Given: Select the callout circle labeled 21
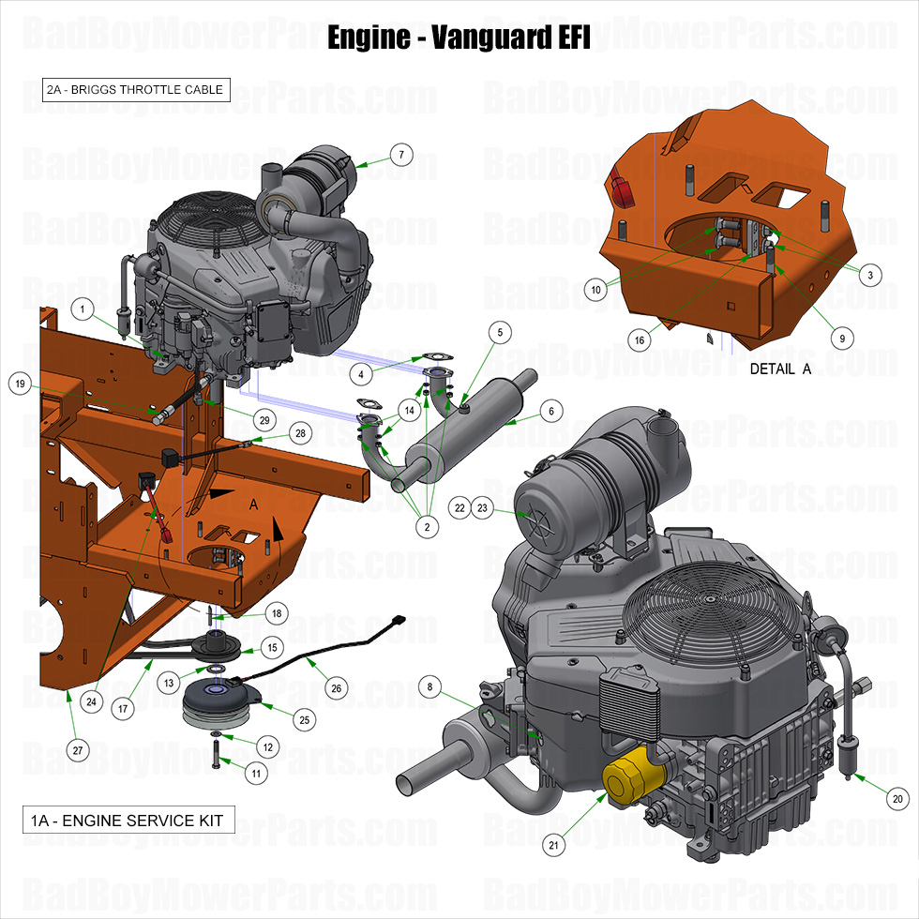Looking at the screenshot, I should click(554, 845).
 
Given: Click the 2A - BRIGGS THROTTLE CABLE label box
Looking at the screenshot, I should click(135, 90).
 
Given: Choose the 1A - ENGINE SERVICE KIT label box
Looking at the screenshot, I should click(128, 821).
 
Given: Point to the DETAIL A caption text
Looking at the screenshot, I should click(780, 369).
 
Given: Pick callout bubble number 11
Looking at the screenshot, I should click(256, 773).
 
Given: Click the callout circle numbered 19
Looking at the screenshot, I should click(20, 383).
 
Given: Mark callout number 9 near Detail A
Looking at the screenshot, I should click(841, 338).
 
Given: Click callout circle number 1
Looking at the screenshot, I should click(83, 308).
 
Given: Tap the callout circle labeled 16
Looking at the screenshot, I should click(640, 340).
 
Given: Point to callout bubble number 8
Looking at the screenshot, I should click(429, 687).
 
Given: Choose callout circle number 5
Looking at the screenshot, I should click(500, 332).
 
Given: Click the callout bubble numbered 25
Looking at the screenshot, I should click(303, 719).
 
